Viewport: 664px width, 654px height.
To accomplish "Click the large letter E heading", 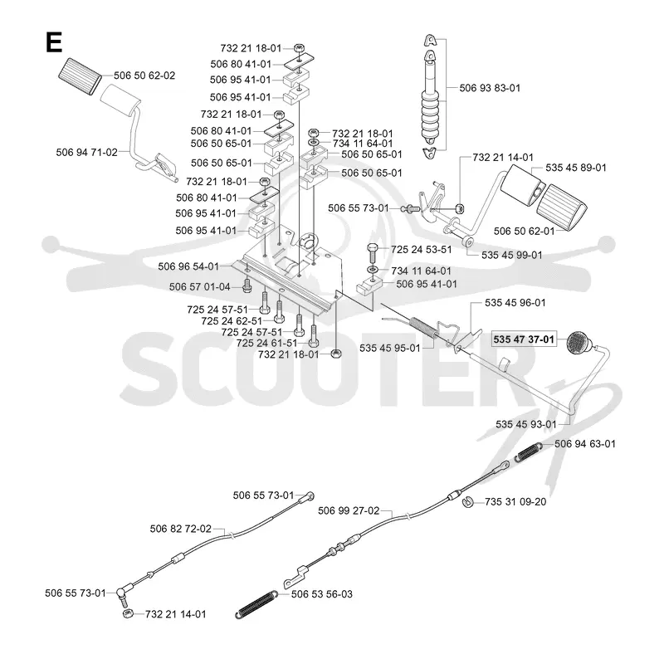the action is (54, 42).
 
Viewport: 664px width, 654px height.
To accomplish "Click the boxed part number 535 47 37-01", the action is (524, 339).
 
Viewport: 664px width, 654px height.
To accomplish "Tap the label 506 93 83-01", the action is (490, 88).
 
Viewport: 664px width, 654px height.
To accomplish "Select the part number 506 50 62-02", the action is (144, 76).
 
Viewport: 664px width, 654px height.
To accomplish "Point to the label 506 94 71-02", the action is (87, 153).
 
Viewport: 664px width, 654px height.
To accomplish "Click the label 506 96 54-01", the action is (188, 266).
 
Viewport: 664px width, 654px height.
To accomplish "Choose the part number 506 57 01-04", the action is (200, 287).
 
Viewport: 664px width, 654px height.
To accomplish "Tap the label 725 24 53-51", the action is (422, 250).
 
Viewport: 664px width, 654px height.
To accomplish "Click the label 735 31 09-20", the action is (515, 501).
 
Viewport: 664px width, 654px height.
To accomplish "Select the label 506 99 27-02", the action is (349, 510).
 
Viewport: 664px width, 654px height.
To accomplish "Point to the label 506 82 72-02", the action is (181, 529).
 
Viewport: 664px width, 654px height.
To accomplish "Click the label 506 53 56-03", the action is (322, 594).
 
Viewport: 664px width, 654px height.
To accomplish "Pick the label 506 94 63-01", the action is (585, 443).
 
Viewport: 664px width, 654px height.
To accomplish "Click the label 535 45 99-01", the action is (512, 255).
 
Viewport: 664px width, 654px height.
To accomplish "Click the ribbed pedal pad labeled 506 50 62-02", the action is (79, 76).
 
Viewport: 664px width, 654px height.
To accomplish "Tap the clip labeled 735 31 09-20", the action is (467, 501).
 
